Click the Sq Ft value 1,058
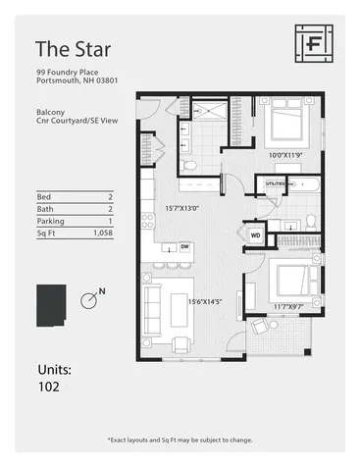102,234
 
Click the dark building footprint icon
50,306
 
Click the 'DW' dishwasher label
184,247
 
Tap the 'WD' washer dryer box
254,235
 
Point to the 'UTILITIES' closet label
276,183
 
